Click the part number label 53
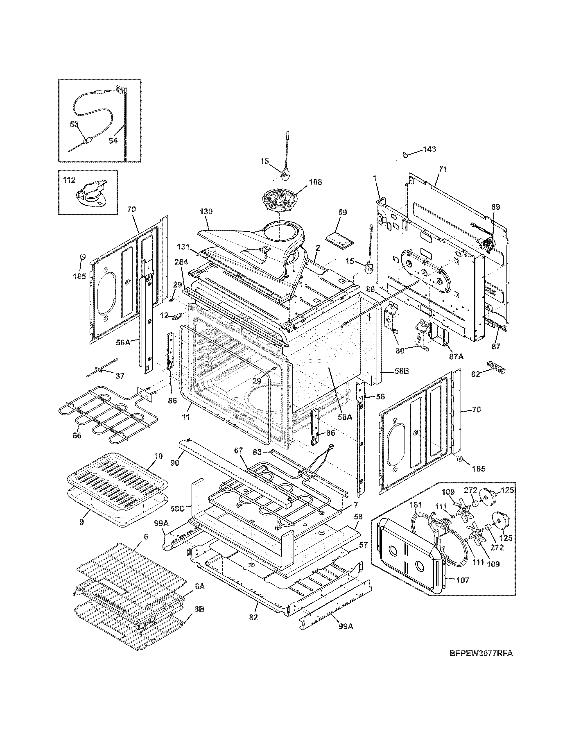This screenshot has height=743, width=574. click(74, 125)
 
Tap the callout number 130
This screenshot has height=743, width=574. click(206, 212)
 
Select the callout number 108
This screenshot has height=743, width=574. click(315, 182)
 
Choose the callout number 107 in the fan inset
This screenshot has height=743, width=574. click(463, 580)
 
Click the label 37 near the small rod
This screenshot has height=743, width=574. click(120, 376)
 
